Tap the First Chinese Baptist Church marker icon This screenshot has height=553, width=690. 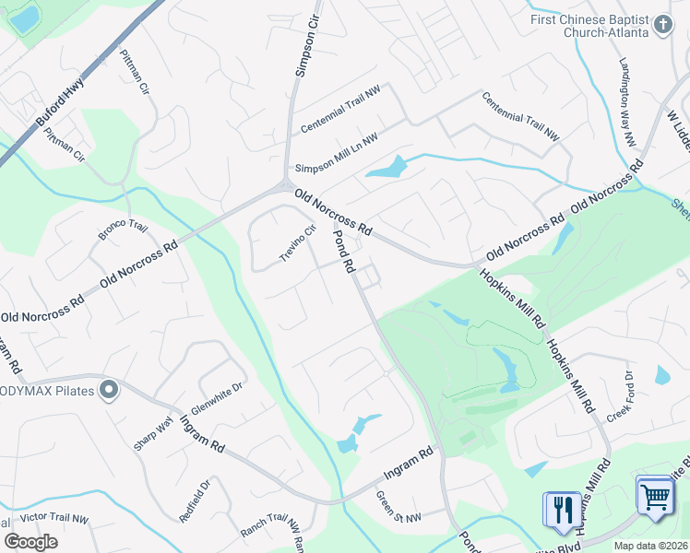coord(662,25)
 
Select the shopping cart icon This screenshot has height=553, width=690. coord(655,497)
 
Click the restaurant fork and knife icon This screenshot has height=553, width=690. coord(562,509)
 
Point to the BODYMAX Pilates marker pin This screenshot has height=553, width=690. coord(109,391)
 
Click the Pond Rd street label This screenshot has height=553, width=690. coord(343,252)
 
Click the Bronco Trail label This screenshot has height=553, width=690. coord(124,230)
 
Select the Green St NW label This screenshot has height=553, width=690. coord(398,506)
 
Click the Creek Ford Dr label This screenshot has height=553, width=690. coord(618,396)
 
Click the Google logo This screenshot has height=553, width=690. coord(30,541)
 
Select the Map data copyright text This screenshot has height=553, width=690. coord(649,545)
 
